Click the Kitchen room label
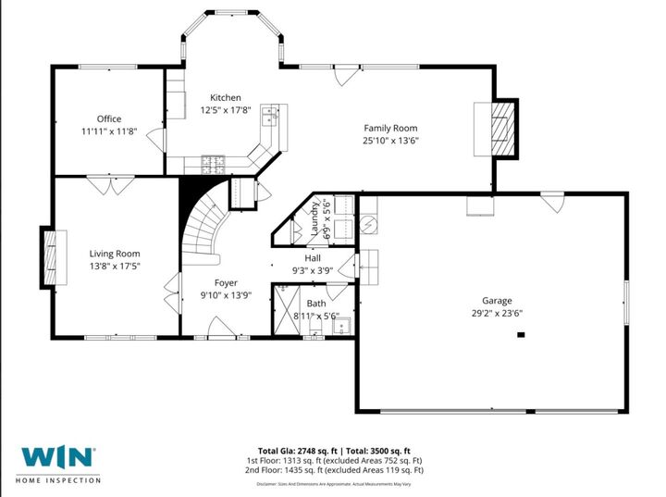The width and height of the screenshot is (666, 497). (225, 97)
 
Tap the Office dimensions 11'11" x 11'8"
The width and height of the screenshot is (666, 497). (109, 131)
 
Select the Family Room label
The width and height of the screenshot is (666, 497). (389, 128)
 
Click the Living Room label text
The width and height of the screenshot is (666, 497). (115, 253)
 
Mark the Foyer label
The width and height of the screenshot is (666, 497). (226, 282)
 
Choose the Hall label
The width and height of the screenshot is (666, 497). (313, 258)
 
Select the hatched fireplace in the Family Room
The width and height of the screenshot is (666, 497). (499, 128)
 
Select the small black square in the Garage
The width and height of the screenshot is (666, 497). (521, 336)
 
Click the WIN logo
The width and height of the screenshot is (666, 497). (57, 457)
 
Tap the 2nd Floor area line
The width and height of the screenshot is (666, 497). (334, 469)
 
